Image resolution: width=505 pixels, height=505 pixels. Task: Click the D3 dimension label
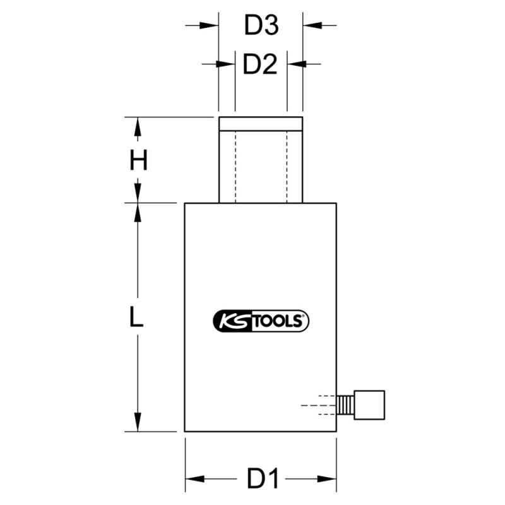[x=261, y=25]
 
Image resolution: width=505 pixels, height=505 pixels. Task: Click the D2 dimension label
[x=260, y=64]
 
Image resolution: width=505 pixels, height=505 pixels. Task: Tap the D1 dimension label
[x=263, y=479]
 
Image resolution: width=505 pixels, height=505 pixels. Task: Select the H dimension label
[x=138, y=160]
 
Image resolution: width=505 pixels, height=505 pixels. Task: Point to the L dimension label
[x=136, y=317]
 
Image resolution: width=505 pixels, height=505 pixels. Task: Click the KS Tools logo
[x=261, y=321]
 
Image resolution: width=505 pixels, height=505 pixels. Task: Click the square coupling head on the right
[x=369, y=405]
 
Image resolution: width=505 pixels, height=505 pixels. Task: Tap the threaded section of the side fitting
[x=345, y=405]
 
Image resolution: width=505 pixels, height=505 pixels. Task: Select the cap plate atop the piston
[x=261, y=124]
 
